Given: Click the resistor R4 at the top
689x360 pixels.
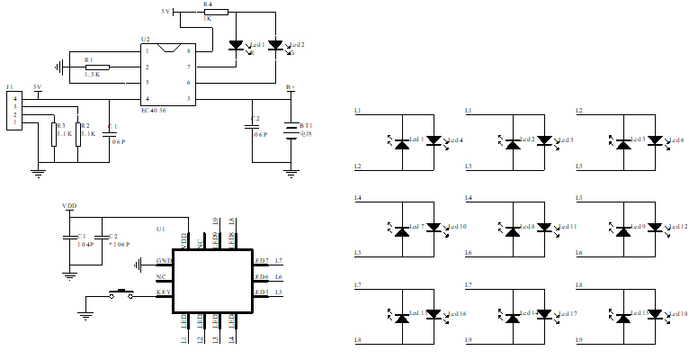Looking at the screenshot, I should [x=216, y=12].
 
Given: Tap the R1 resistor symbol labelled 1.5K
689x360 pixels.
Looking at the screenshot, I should [x=96, y=67].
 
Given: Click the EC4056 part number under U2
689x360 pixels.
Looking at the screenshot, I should [x=153, y=109].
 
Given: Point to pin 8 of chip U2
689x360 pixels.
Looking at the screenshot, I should [x=188, y=51].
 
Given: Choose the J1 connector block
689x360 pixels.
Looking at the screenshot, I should [x=14, y=112].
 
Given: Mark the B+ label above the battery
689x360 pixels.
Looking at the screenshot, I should [x=290, y=88].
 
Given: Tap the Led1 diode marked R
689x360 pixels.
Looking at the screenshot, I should [x=237, y=46].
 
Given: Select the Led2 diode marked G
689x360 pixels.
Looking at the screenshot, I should [x=276, y=45].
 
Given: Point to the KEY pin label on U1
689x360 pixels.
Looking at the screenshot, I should [x=163, y=292].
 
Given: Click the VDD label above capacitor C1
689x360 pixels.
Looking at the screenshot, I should [x=69, y=205].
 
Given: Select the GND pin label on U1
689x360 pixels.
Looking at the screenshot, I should [x=163, y=260].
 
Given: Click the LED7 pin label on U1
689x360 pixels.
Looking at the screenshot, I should [x=261, y=260].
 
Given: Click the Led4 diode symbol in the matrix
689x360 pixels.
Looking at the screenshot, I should [x=434, y=140].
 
